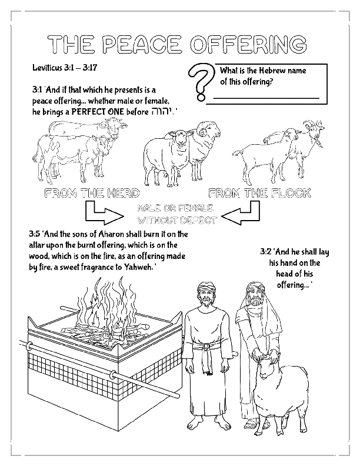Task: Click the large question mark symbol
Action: pos(201,81)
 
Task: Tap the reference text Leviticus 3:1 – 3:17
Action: pos(65,68)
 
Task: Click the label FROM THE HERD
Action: pos(92,193)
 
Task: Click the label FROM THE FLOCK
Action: pos(259,193)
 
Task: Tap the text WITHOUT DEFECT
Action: pos(176,221)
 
